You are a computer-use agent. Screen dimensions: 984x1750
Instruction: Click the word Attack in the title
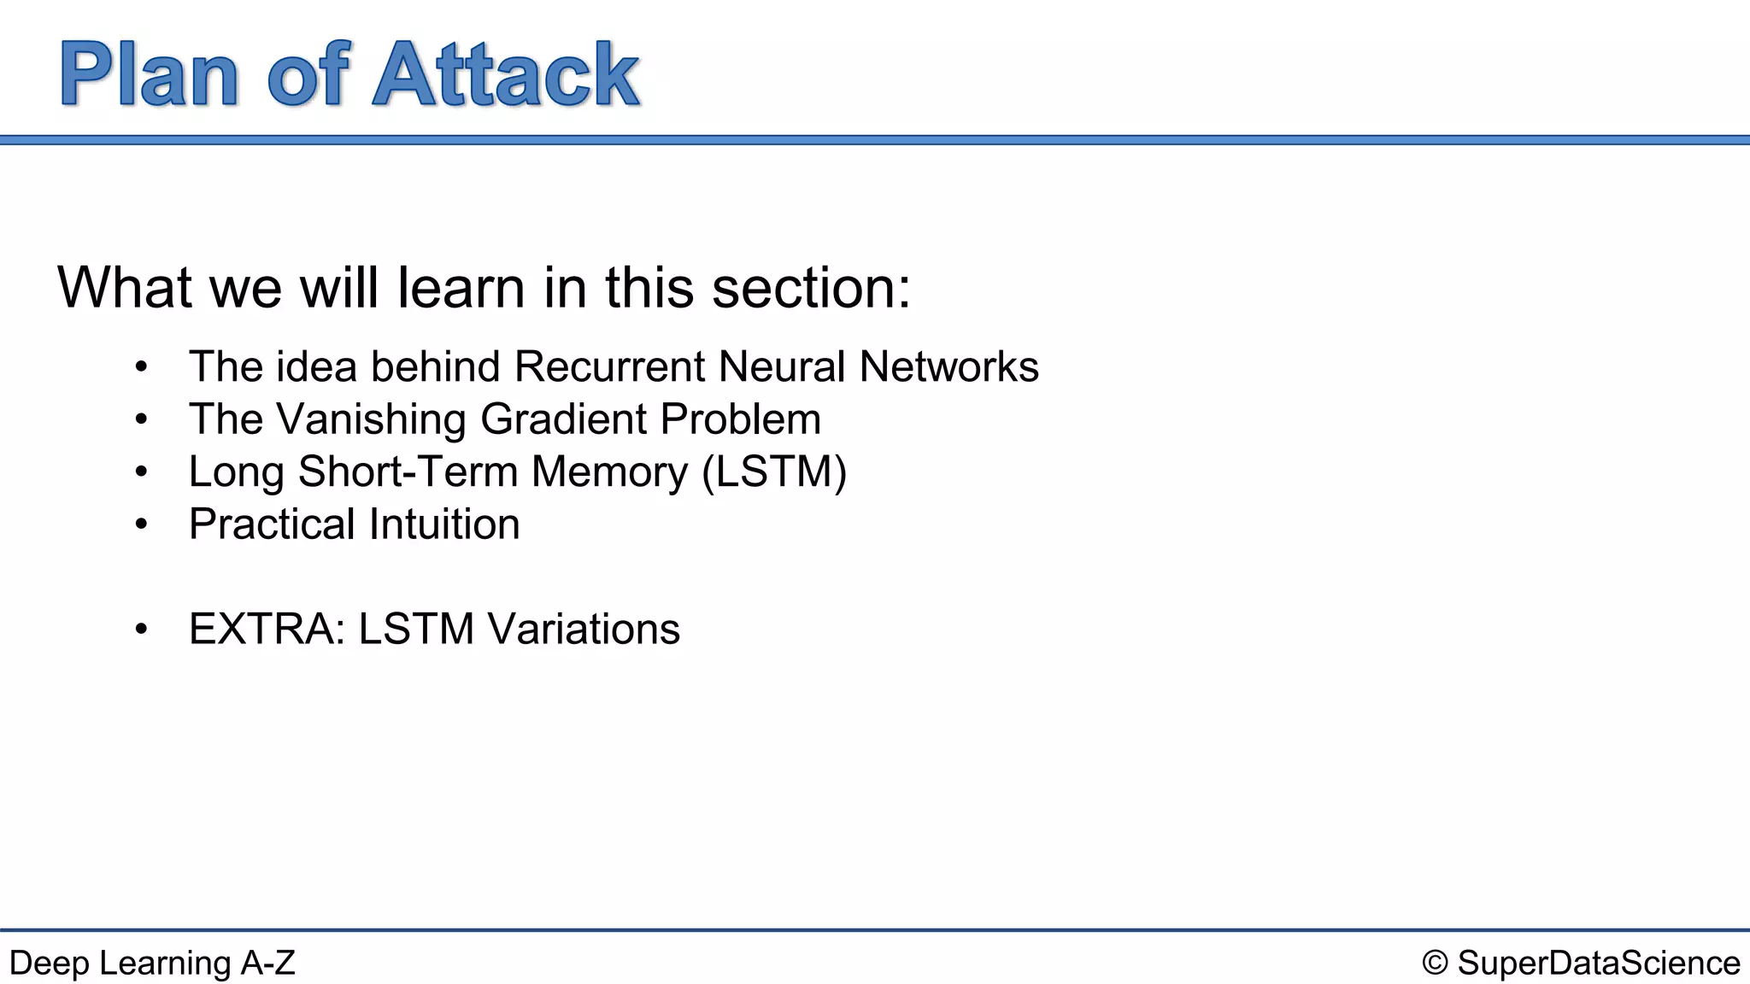(506, 75)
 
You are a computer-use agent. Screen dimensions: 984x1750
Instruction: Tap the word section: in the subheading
(811, 288)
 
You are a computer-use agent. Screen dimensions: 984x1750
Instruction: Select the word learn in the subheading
(461, 288)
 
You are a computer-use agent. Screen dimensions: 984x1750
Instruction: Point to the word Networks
(948, 366)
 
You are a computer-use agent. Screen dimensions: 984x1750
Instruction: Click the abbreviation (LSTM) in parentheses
(774, 471)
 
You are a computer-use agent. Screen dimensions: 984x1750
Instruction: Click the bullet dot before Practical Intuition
(141, 524)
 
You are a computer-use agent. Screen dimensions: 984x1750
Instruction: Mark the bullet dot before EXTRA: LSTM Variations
(141, 630)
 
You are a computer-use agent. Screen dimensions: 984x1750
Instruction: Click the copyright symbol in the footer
(1435, 963)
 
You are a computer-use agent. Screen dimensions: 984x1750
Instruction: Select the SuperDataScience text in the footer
(1598, 963)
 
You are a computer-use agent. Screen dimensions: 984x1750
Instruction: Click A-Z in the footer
(267, 963)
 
